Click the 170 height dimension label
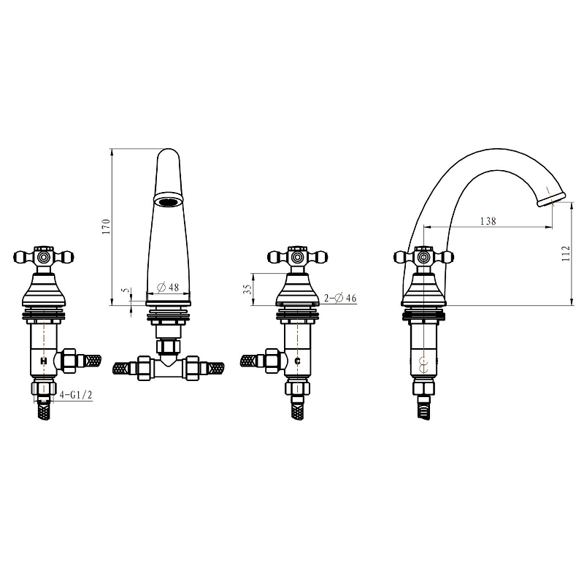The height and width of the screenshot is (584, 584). [107, 226]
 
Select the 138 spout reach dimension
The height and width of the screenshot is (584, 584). [488, 221]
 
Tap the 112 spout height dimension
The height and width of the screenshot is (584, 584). [566, 253]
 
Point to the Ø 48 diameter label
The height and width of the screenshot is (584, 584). [168, 287]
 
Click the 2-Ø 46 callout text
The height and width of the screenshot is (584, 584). [340, 298]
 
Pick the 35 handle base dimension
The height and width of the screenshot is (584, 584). [247, 289]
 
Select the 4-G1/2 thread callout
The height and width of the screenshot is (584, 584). [76, 394]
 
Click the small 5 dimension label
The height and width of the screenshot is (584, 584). [126, 290]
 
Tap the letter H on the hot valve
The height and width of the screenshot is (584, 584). [44, 361]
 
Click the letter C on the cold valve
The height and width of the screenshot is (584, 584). [297, 361]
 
